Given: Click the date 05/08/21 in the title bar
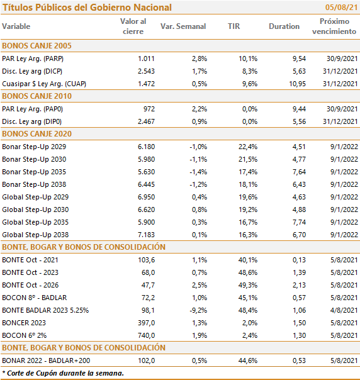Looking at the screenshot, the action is pos(341,8).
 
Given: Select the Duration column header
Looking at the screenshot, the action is pos(284,26).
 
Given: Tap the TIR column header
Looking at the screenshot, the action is pos(233,26).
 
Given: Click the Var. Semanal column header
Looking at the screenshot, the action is pos(183,26).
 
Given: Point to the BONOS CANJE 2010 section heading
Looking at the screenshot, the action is pos(37,96).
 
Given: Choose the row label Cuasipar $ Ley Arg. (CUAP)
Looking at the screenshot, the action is pos(44,84).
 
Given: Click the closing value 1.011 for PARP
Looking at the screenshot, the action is pos(146,59).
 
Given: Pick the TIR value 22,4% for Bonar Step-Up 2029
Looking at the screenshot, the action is pos(248,147).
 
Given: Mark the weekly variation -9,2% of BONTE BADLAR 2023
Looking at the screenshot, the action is pos(198,310).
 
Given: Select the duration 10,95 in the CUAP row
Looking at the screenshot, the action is pos(297,84).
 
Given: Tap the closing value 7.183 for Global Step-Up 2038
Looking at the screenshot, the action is pos(146,235).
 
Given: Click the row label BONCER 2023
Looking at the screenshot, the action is pos(24,323).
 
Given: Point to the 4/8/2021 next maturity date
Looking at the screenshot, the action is pos(344,310).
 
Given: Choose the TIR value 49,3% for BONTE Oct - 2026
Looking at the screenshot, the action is pos(248,285).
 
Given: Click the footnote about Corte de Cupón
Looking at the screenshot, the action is pos(63,373).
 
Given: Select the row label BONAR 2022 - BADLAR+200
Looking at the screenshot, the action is pos(46,360).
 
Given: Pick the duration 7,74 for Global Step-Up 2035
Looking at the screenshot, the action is pos(299,222).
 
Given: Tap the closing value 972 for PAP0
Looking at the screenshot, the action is pos(149,109).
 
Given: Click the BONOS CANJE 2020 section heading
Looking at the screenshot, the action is pos(37,134).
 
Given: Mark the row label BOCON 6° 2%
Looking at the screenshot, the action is pos(25,335).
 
